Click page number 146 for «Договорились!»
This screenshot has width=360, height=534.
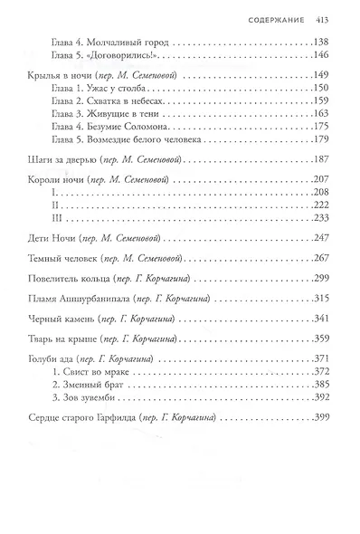point(322,54)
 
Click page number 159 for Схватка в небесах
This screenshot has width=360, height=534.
point(322,104)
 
